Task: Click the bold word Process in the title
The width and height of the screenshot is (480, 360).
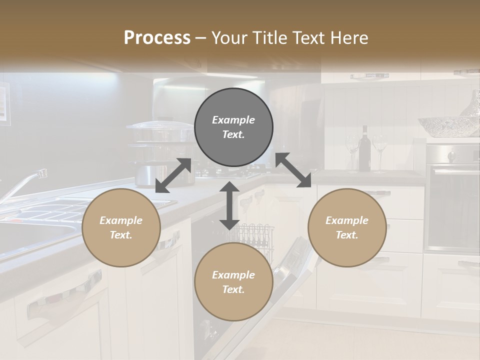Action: (157, 37)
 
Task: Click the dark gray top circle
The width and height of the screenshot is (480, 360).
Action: (233, 127)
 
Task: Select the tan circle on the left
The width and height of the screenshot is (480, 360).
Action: (121, 227)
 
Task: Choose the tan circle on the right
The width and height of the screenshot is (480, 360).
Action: (347, 227)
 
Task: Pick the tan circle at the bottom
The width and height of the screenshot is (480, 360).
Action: (233, 282)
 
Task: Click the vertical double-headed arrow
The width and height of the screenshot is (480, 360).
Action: (229, 205)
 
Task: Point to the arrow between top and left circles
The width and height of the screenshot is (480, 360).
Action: (173, 175)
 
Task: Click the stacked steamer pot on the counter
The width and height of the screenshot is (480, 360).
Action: (159, 152)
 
